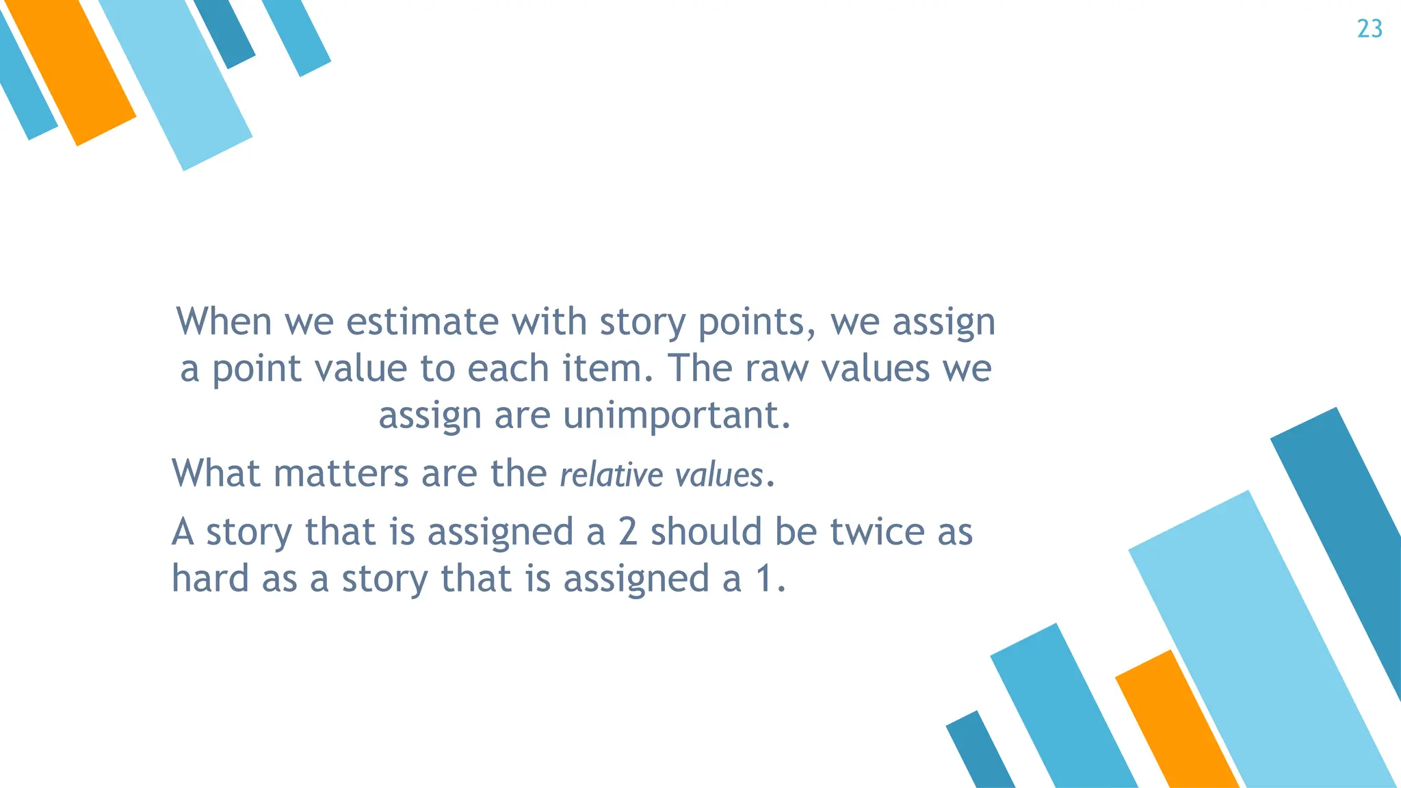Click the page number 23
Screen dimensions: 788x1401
[1370, 29]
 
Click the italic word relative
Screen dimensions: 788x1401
[611, 475]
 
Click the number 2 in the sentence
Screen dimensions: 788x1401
[628, 531]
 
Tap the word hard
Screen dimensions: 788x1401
[210, 578]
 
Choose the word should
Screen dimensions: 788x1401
[706, 531]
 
